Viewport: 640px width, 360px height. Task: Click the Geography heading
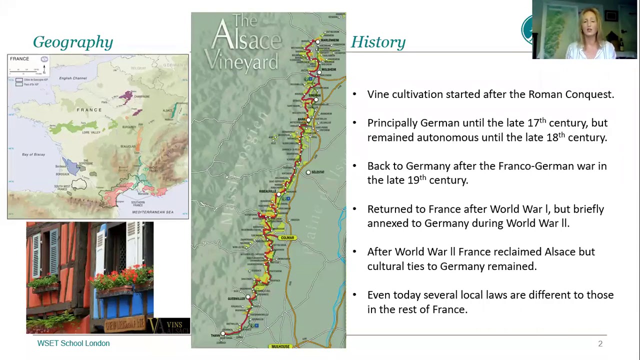[73, 42]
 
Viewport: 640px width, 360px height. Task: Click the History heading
[378, 42]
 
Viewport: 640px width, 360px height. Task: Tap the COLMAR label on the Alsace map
[287, 238]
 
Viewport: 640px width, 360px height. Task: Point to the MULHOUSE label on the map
[280, 346]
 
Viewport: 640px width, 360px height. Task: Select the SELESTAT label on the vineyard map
[317, 172]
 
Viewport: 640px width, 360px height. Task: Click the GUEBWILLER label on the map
[236, 298]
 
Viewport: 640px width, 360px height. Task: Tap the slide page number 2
[600, 344]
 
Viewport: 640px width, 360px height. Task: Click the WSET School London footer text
[73, 343]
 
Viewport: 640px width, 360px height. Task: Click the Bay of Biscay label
[33, 154]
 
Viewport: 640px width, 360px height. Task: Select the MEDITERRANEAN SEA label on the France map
[152, 212]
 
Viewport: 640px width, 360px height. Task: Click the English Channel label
[73, 78]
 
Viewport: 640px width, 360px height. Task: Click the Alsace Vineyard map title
[245, 42]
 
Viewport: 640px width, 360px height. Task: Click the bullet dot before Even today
[354, 295]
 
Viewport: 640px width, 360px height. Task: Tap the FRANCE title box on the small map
[19, 59]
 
